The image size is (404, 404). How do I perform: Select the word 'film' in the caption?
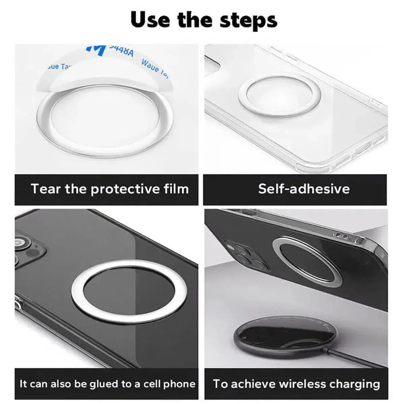click(x=176, y=189)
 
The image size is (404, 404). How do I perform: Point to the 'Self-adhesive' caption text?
click(x=304, y=189)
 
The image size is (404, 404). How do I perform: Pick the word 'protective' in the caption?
click(x=126, y=189)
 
